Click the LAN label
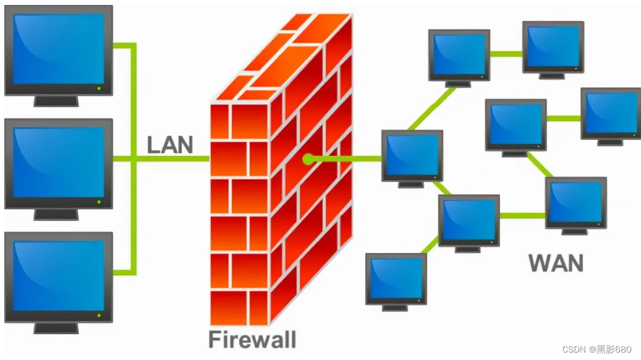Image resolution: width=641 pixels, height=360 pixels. coord(169,145)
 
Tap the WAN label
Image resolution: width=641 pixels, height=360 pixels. coord(556,263)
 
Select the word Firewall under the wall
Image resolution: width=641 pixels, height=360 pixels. coord(252,339)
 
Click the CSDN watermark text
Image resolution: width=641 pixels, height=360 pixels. coord(597,349)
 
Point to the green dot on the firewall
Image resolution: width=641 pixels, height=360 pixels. coord(308,159)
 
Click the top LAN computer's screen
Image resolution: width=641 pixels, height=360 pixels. coord(59,49)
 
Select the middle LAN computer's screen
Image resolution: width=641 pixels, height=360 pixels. coord(59,163)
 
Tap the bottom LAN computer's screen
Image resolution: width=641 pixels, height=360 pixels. coord(59,276)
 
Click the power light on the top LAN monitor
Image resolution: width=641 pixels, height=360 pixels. coord(99,88)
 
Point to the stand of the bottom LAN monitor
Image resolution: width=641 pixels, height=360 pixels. coord(56,328)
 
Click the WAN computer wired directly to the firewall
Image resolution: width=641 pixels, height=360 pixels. coord(412,159)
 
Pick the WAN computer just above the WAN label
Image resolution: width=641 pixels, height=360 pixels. coord(575,206)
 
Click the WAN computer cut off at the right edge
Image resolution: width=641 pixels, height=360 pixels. coord(611,116)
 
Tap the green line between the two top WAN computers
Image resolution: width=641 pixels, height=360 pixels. coord(506,54)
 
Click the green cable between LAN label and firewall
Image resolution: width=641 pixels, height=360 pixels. coord(172,159)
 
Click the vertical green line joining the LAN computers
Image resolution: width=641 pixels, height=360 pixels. coord(134,159)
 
